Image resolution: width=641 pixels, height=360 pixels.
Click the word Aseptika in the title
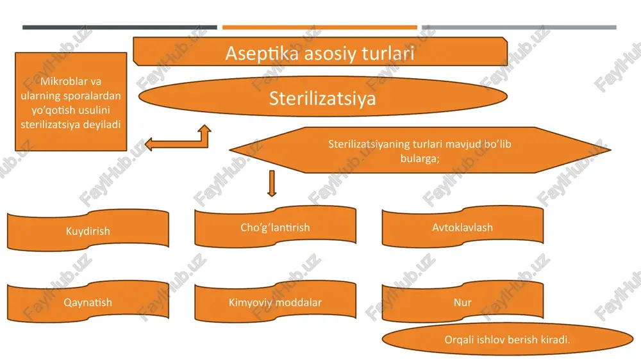pyautogui.click(x=262, y=54)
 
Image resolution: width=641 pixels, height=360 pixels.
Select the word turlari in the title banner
pyautogui.click(x=388, y=53)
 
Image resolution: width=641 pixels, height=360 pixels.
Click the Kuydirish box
pyautogui.click(x=88, y=230)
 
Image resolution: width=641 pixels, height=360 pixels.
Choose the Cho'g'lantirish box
pyautogui.click(x=275, y=227)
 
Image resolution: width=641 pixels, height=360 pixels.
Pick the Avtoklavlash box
pyautogui.click(x=462, y=227)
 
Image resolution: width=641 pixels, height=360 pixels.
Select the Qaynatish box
pyautogui.click(x=88, y=302)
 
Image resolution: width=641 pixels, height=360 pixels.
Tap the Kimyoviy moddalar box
pyautogui.click(x=275, y=302)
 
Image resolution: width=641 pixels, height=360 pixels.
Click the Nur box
pyautogui.click(x=462, y=302)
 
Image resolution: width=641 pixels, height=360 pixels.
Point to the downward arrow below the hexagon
pyautogui.click(x=272, y=183)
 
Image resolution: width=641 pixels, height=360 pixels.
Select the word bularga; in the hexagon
pyautogui.click(x=420, y=158)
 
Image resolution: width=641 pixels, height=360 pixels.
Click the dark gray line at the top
pyautogui.click(x=120, y=28)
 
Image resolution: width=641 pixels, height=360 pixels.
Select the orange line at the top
pyautogui.click(x=320, y=28)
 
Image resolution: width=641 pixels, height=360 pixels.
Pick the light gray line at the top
pyautogui.click(x=519, y=28)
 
